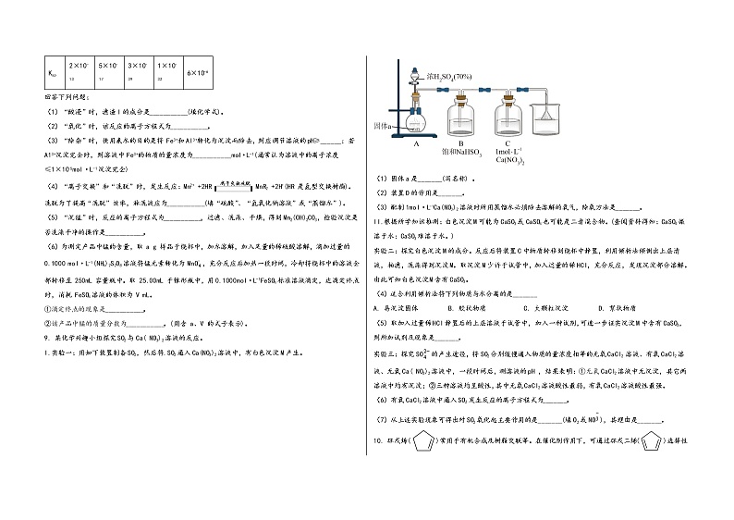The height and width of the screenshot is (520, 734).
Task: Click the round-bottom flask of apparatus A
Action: [416, 120]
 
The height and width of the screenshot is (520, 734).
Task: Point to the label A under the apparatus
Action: [417, 144]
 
